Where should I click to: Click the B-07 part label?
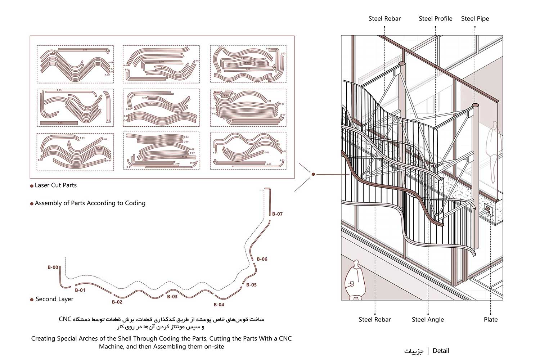click(277, 214)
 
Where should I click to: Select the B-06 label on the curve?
click(262, 259)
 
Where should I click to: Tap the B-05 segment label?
click(251, 285)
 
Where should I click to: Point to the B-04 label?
click(219, 305)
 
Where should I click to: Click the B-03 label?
click(172, 297)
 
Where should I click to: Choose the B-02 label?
click(117, 302)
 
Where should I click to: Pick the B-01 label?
click(80, 290)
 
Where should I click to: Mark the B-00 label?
click(53, 267)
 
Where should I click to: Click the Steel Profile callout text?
click(435, 19)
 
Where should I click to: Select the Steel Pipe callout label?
click(475, 19)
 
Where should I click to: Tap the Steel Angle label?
click(428, 319)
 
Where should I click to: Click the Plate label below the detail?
click(490, 319)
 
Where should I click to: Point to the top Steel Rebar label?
click(384, 19)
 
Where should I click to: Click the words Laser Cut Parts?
click(56, 185)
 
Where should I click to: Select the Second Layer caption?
click(54, 299)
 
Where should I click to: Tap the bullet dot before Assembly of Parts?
click(32, 204)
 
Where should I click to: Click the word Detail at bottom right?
click(441, 351)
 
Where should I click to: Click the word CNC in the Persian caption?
click(65, 319)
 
